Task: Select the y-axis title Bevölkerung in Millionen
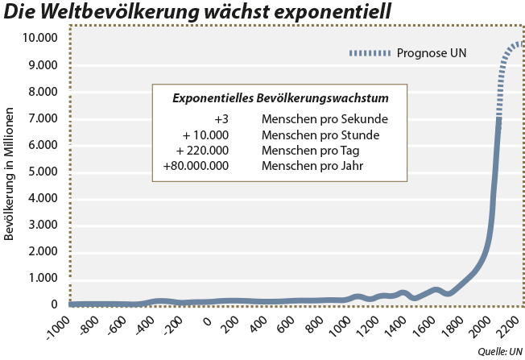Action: pos(10,173)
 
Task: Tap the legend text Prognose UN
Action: pos(432,54)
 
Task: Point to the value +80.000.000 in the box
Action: pos(196,167)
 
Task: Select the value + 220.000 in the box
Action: pos(202,151)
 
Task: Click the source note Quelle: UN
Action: pos(500,352)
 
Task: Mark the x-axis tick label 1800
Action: pos(457,328)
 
